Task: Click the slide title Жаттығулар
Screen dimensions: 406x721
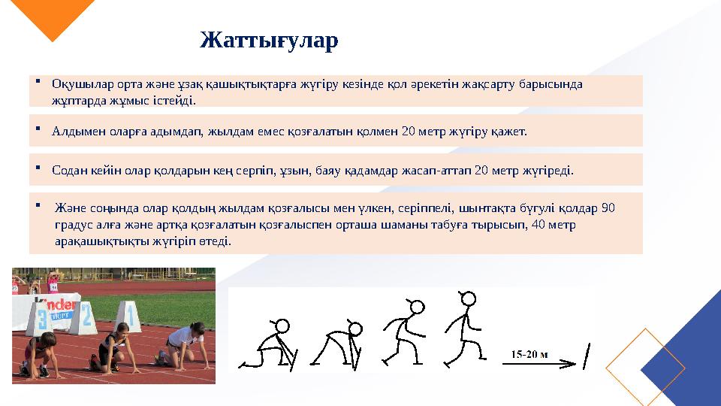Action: (x=269, y=41)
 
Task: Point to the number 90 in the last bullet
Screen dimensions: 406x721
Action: (x=608, y=208)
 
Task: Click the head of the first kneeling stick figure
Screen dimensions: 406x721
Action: (x=282, y=326)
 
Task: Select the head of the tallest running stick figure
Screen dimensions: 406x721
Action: (x=467, y=298)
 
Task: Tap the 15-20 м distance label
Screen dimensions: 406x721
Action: (x=529, y=353)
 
